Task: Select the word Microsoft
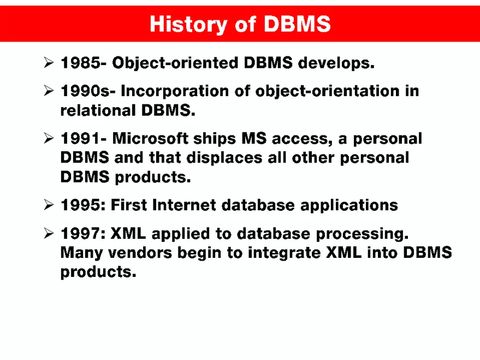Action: [x=153, y=138]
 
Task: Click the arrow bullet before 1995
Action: [x=48, y=205]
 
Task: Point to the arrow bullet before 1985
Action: [x=48, y=64]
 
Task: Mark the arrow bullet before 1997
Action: [x=48, y=234]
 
